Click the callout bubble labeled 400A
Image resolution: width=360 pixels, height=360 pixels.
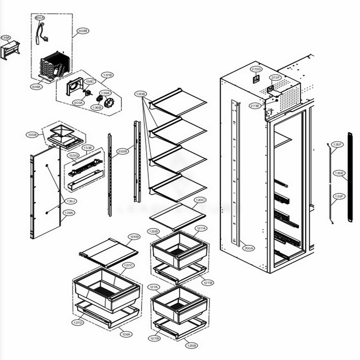tap(40, 17)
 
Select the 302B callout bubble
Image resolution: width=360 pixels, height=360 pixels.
tap(82, 31)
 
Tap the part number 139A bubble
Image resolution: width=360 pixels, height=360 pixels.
tap(6, 37)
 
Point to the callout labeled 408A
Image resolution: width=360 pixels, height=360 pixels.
tap(36, 87)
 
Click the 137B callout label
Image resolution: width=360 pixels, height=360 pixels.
tap(107, 75)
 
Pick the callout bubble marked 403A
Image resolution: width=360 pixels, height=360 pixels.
tap(78, 103)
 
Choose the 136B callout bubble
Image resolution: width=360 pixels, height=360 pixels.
tap(96, 107)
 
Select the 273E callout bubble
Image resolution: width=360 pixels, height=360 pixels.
tap(255, 106)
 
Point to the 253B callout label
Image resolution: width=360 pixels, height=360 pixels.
tap(122, 152)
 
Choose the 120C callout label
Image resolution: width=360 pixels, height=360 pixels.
tap(200, 200)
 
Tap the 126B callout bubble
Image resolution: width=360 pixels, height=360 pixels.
tap(134, 237)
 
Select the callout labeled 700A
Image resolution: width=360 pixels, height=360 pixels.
tap(248, 248)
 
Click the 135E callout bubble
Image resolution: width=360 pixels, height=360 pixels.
tap(339, 173)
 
